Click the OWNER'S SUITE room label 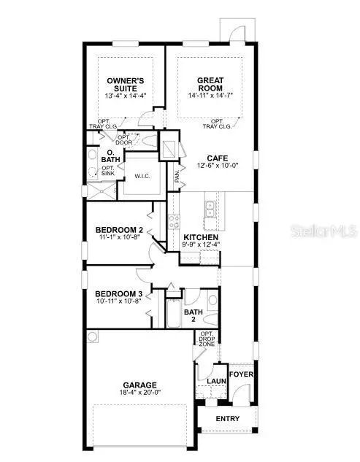pos(122,85)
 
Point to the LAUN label pos(214,380)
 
